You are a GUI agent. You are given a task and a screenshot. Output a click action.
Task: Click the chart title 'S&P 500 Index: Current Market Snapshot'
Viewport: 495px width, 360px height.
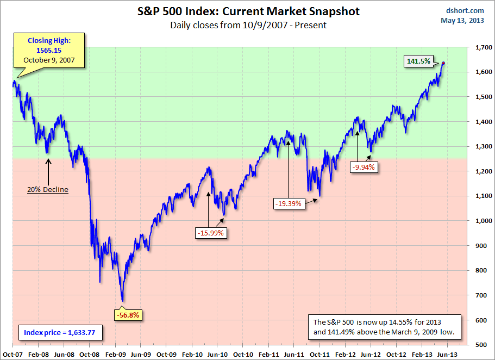coord(248,11)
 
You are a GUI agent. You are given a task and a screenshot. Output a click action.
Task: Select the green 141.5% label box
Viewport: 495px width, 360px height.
coord(419,61)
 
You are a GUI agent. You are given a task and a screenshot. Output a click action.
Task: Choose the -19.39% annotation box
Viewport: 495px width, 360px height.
coord(289,204)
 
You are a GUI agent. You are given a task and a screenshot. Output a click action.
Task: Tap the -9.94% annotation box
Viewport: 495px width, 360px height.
coord(364,167)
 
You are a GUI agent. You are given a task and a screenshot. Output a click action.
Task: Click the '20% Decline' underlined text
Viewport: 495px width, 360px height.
coord(48,190)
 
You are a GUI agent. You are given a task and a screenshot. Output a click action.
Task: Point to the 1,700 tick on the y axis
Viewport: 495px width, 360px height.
coord(480,48)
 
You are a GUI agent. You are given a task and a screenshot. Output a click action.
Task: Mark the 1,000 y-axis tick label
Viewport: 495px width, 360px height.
coord(480,221)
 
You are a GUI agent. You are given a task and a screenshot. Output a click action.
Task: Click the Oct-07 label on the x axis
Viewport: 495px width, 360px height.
coord(12,353)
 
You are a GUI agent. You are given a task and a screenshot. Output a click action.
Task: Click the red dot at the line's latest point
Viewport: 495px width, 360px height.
coord(442,64)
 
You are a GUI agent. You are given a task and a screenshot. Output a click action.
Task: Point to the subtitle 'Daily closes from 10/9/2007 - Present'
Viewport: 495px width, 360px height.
coord(248,24)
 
